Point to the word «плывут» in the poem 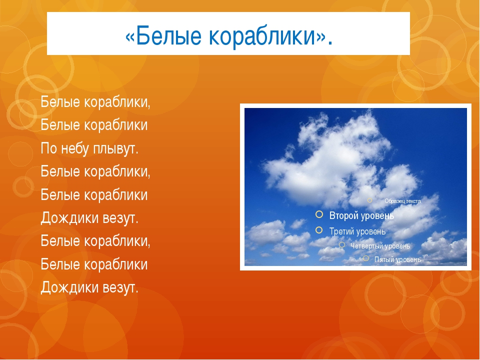115,149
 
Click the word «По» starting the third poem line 48,149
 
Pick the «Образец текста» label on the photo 402,201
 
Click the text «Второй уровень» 361,216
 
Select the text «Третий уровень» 357,231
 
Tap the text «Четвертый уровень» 380,246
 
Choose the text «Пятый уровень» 397,259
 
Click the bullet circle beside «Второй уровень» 319,214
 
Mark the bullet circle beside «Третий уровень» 319,230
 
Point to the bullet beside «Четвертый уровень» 342,245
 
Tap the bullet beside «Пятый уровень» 366,258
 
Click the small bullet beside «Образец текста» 369,200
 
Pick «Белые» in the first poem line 60,102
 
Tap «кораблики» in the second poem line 115,125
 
